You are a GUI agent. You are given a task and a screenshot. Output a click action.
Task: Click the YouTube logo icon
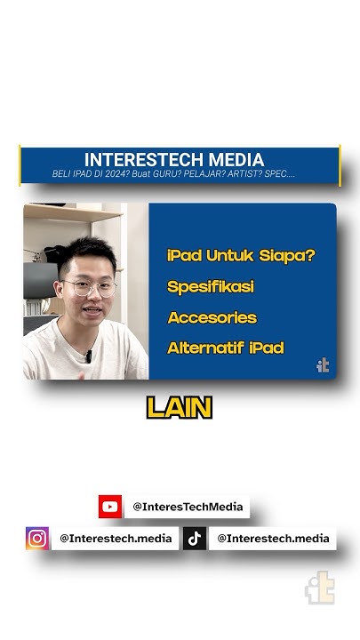point(110,507)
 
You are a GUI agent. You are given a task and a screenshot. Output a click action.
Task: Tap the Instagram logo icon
point(37,538)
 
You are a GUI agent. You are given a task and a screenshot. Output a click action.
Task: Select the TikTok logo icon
point(195,538)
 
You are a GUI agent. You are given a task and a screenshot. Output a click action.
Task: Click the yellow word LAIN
point(180,408)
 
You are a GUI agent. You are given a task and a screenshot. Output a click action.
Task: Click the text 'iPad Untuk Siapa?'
point(241,255)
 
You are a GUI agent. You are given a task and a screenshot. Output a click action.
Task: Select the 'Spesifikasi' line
point(209,286)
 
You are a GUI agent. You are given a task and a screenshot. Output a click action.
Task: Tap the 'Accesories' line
point(212,317)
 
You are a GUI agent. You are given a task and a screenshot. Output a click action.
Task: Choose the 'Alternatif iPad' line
point(226,348)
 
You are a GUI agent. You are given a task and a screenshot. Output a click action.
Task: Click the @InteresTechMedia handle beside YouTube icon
point(187,507)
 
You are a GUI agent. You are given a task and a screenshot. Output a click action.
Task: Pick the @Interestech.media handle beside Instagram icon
point(116,538)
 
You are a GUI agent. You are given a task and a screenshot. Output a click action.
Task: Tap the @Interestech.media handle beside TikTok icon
point(273,538)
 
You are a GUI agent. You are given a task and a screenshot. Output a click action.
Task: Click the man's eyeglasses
point(90,288)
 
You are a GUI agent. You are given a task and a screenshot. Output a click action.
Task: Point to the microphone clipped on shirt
point(88,356)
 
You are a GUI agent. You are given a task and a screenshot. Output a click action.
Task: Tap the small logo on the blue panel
point(323,364)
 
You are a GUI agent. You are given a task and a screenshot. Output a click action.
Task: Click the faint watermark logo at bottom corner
point(319,588)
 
